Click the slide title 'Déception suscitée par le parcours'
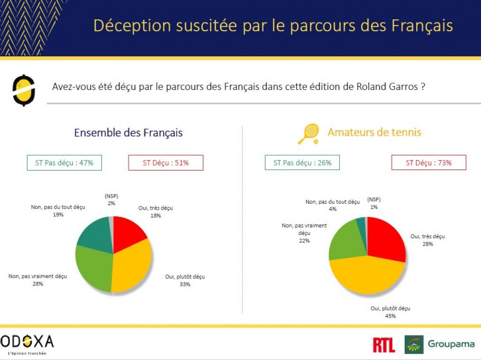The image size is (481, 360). pos(273,26)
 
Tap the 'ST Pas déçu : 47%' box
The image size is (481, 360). pos(64,162)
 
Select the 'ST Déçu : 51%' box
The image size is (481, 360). pos(166,162)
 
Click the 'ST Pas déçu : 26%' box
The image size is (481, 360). pos(302,162)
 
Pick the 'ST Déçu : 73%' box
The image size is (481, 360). pos(428,162)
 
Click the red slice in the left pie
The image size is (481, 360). pos(127,231)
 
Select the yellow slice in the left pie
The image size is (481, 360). pos(132,267)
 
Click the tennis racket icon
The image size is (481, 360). pos(309,133)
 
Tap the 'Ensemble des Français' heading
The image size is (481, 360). pos(128,132)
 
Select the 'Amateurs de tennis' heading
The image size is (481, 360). pos(374,132)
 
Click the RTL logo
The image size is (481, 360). pos(384,344)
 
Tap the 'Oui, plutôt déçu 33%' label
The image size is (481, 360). pos(184,280)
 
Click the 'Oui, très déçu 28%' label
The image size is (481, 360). pos(427,240)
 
